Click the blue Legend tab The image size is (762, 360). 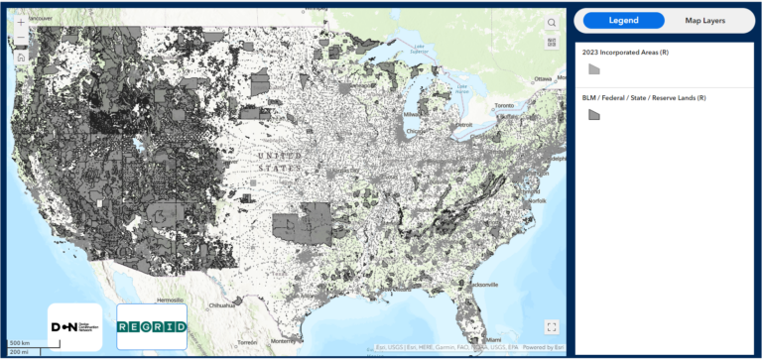tap(624, 20)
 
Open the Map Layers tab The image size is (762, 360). tap(705, 20)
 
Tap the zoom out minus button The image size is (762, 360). tap(21, 39)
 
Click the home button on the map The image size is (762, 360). tap(21, 57)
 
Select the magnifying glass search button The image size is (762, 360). tap(552, 22)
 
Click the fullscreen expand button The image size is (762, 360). tap(552, 326)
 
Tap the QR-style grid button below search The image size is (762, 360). tap(552, 42)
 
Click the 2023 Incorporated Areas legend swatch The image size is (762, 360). tap(594, 69)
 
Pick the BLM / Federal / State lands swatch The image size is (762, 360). tap(594, 115)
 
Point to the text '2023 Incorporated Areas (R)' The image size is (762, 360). tap(624, 52)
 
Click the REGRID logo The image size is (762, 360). tap(152, 326)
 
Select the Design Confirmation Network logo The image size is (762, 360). tap(74, 326)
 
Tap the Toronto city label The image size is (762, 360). tap(505, 105)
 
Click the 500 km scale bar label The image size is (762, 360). tap(19, 343)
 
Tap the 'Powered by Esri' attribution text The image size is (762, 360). tap(543, 347)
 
